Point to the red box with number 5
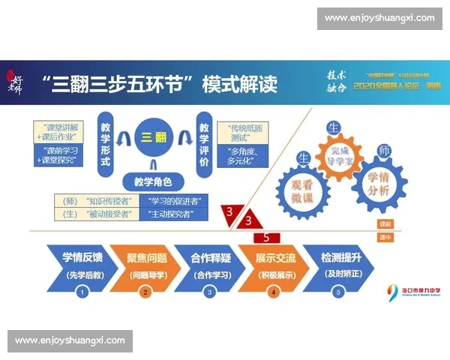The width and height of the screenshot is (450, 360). [266, 237]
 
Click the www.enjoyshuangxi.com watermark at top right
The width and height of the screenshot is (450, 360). [379, 17]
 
